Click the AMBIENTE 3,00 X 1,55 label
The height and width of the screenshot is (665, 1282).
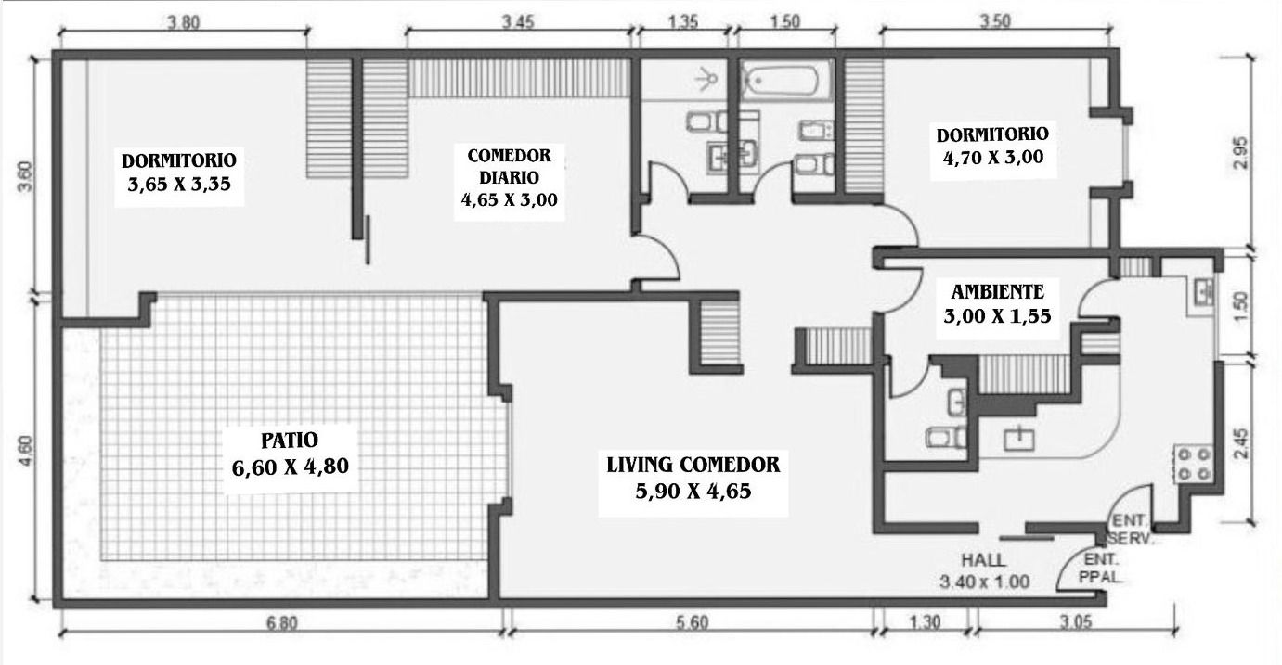(997, 304)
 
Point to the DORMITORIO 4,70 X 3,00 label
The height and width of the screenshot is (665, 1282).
(993, 146)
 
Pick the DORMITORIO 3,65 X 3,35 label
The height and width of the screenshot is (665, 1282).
(179, 173)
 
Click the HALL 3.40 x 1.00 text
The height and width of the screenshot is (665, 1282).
(984, 570)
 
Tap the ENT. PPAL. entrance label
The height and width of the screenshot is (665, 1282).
(1101, 568)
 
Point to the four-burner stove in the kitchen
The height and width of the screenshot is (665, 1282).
(1194, 464)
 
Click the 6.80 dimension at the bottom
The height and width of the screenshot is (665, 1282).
(282, 622)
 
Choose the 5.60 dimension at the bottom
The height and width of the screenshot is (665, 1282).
(693, 621)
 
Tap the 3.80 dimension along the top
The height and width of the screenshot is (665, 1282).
(183, 23)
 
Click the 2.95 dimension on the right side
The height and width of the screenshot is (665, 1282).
(1241, 153)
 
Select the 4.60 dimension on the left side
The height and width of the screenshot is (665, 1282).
(26, 451)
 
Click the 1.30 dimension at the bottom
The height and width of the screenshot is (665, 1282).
(925, 621)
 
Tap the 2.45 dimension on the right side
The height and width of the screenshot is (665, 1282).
(1241, 443)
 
